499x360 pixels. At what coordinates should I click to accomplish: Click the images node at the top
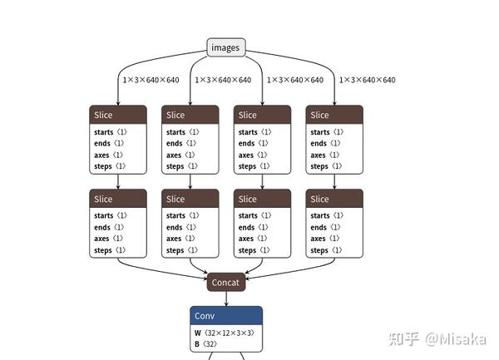[225, 47]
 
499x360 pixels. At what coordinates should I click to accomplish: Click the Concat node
[225, 282]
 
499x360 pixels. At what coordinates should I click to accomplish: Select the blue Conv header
[225, 316]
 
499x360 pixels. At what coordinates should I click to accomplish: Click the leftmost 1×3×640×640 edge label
[151, 80]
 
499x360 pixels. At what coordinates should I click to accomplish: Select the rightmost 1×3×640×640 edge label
[367, 80]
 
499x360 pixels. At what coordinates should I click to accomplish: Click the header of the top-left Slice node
[117, 115]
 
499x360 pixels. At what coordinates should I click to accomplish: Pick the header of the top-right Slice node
[334, 115]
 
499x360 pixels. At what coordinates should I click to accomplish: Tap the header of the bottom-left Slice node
[117, 199]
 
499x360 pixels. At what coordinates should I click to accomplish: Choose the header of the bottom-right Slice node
[334, 199]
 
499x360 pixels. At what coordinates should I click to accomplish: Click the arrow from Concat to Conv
[225, 298]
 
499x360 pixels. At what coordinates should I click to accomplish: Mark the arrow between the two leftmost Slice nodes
[118, 181]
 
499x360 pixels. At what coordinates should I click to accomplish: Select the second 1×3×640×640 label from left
[223, 80]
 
